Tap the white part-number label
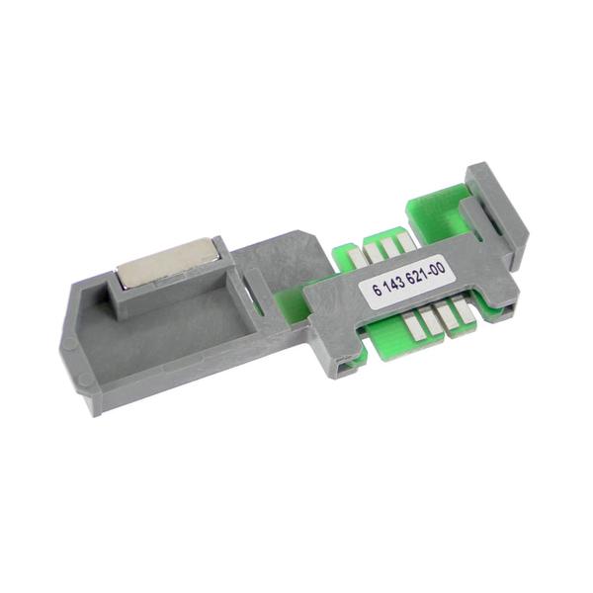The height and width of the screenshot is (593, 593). [x=410, y=281]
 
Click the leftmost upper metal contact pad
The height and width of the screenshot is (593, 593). [x=359, y=253]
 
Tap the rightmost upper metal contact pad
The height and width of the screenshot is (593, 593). [x=401, y=239]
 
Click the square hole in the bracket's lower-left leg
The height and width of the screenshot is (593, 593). [x=345, y=368]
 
